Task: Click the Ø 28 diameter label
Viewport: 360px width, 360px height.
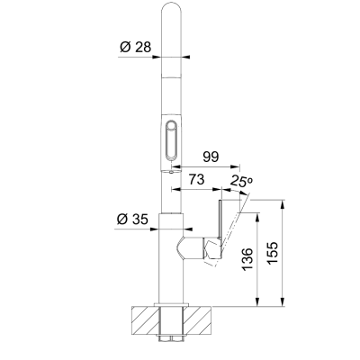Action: click(136, 47)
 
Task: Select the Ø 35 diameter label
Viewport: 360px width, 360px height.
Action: click(132, 220)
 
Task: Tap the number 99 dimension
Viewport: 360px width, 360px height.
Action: click(211, 157)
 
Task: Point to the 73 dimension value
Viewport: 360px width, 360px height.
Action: click(196, 179)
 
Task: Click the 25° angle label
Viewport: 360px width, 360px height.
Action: click(242, 181)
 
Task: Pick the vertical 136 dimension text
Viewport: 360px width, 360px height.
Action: click(248, 259)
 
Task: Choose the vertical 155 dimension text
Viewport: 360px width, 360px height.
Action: click(274, 253)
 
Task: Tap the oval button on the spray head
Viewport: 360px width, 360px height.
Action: click(172, 140)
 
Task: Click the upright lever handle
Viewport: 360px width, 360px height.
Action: click(220, 219)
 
